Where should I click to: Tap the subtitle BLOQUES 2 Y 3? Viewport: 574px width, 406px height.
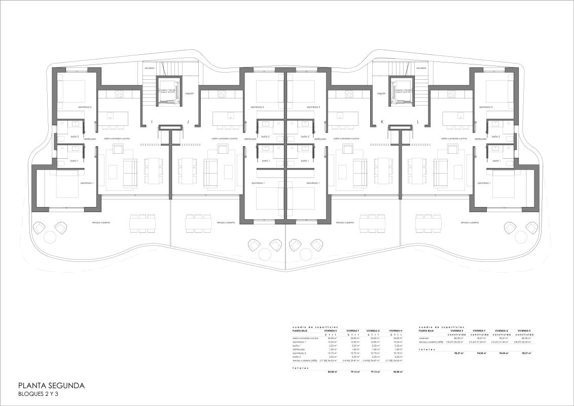[38, 394]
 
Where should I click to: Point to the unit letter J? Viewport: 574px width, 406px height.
[188, 122]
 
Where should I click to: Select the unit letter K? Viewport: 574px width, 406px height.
[382, 122]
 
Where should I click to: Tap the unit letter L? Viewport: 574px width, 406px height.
[418, 122]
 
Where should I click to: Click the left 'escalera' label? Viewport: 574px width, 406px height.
[149, 68]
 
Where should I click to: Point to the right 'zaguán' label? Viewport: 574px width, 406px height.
[382, 93]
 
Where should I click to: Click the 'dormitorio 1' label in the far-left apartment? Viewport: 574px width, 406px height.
[87, 183]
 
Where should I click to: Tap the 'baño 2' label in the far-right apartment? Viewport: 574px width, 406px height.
[496, 137]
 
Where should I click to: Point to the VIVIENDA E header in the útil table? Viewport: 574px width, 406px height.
[331, 330]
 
